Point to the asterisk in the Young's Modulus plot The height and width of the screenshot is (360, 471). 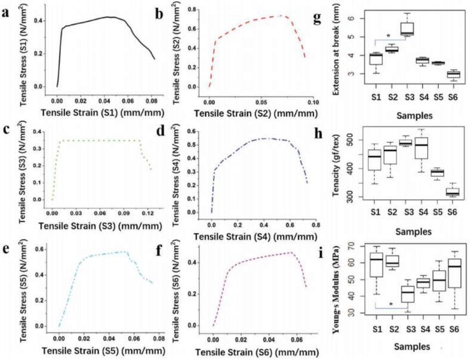pyautogui.click(x=390, y=304)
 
